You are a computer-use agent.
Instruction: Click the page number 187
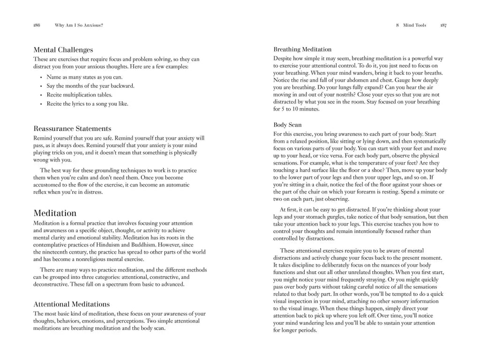(443, 25)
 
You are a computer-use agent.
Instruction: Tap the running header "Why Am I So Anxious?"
(79, 25)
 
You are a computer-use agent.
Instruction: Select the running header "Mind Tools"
(414, 25)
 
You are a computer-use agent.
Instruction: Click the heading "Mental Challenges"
(63, 50)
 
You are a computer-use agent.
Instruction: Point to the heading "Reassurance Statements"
(72, 128)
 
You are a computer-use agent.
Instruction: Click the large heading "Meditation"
(55, 213)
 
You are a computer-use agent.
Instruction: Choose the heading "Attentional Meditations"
(71, 304)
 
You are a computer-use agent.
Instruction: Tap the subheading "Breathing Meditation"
(302, 49)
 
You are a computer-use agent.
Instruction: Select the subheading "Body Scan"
(287, 125)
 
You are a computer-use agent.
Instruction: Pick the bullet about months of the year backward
(90, 86)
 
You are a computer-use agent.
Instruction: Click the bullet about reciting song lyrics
(87, 104)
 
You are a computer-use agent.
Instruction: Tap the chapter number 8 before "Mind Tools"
(397, 25)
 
